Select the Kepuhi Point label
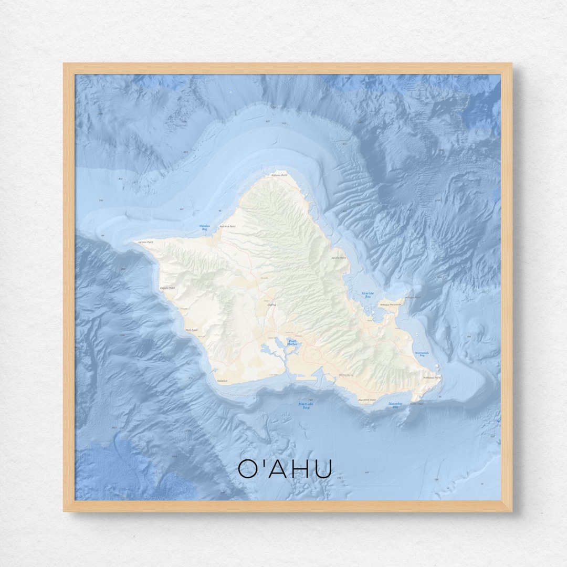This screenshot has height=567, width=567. click(x=167, y=288)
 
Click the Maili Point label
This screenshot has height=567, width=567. click(x=191, y=330)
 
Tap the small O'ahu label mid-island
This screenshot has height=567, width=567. click(x=271, y=304)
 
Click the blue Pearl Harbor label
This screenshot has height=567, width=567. click(x=292, y=342)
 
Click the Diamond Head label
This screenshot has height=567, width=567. click(x=366, y=400)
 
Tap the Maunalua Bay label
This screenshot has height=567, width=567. click(x=395, y=405)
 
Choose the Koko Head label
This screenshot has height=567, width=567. click(x=416, y=403)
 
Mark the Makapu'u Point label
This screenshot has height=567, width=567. click(x=432, y=377)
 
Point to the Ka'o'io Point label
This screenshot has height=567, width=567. click(x=339, y=258)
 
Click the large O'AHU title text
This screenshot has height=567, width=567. click(x=285, y=468)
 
